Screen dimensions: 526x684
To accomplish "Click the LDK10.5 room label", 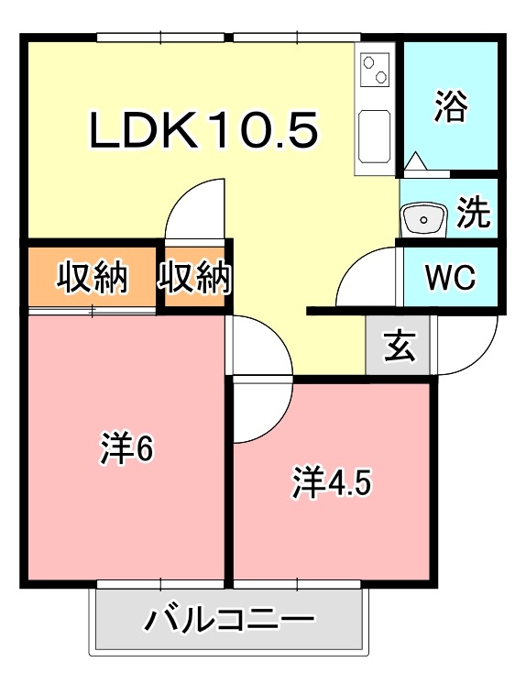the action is pos(203,129).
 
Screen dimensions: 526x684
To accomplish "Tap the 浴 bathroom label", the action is pos(451,105).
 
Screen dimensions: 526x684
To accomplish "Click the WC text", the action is pos(450,277).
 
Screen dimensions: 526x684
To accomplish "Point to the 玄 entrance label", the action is pos(400,345).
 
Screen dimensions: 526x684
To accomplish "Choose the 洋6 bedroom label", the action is pos(126,447).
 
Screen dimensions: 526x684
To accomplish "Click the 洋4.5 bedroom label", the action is pos(332,482).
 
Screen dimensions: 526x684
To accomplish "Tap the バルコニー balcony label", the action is pos(229,620).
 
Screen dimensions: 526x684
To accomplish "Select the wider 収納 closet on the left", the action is pos(92,277).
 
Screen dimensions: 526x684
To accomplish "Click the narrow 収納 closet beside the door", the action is pos(194,277).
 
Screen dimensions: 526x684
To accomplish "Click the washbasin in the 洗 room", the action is pos(423,219).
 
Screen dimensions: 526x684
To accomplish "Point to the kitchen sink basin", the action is pos(373,137).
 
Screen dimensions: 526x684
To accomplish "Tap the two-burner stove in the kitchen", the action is pos(375,70).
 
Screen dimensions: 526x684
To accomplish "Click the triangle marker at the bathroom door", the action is pos(415,160).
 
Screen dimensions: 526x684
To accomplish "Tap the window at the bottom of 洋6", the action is pos(160,585).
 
